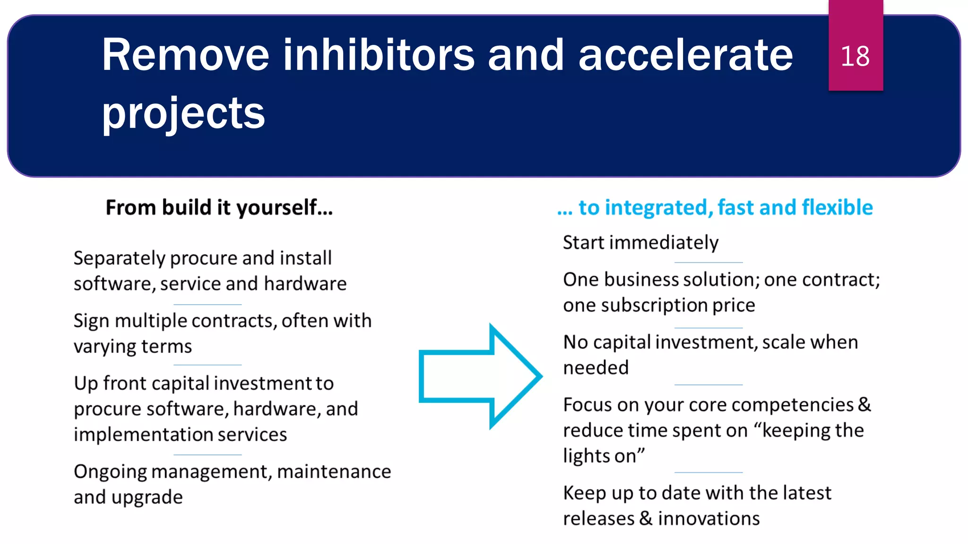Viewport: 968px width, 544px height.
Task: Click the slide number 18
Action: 855,56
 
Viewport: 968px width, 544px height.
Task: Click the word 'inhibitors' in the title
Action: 379,55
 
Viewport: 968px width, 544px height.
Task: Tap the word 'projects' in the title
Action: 183,113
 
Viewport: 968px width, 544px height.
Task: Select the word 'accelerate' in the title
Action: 685,55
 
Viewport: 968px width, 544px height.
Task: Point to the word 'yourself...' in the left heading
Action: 285,207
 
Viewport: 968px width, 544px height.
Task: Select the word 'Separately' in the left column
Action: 119,258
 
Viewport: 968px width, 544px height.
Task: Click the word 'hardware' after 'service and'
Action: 305,284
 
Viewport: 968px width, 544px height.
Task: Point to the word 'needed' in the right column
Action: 596,367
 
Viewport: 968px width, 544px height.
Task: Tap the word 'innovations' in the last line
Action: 709,518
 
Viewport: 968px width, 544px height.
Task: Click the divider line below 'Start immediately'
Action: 708,262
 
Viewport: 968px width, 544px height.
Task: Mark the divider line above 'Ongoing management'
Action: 207,455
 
